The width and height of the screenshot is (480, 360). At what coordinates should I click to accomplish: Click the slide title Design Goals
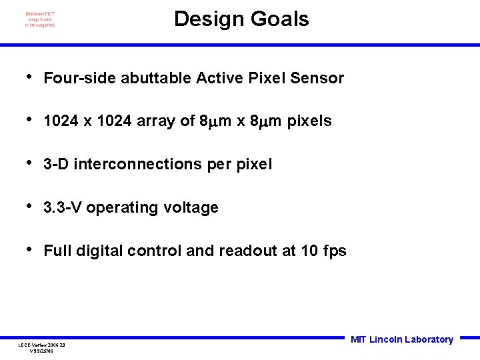[x=241, y=19]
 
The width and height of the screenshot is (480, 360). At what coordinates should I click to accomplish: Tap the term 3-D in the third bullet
[x=57, y=165]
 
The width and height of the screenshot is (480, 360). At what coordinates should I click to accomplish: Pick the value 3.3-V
[x=63, y=208]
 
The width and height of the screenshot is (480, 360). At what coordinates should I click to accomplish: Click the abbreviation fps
[x=334, y=251]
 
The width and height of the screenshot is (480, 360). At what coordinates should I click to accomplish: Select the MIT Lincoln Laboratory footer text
[x=401, y=339]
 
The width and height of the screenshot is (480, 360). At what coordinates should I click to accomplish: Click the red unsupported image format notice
[x=40, y=19]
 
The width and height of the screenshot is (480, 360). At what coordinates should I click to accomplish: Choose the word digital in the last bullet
[x=100, y=251]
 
